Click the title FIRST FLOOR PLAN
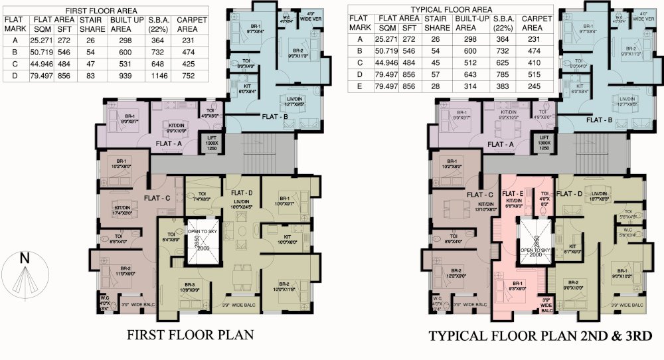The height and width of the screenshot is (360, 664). [x=191, y=335]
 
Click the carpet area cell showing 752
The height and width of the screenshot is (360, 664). [x=191, y=76]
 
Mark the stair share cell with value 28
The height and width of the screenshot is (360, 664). [x=436, y=86]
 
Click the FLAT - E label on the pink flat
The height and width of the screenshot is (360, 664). [x=513, y=193]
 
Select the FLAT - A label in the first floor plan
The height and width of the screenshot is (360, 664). [x=170, y=143]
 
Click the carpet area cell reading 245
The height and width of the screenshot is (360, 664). [x=535, y=86]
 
